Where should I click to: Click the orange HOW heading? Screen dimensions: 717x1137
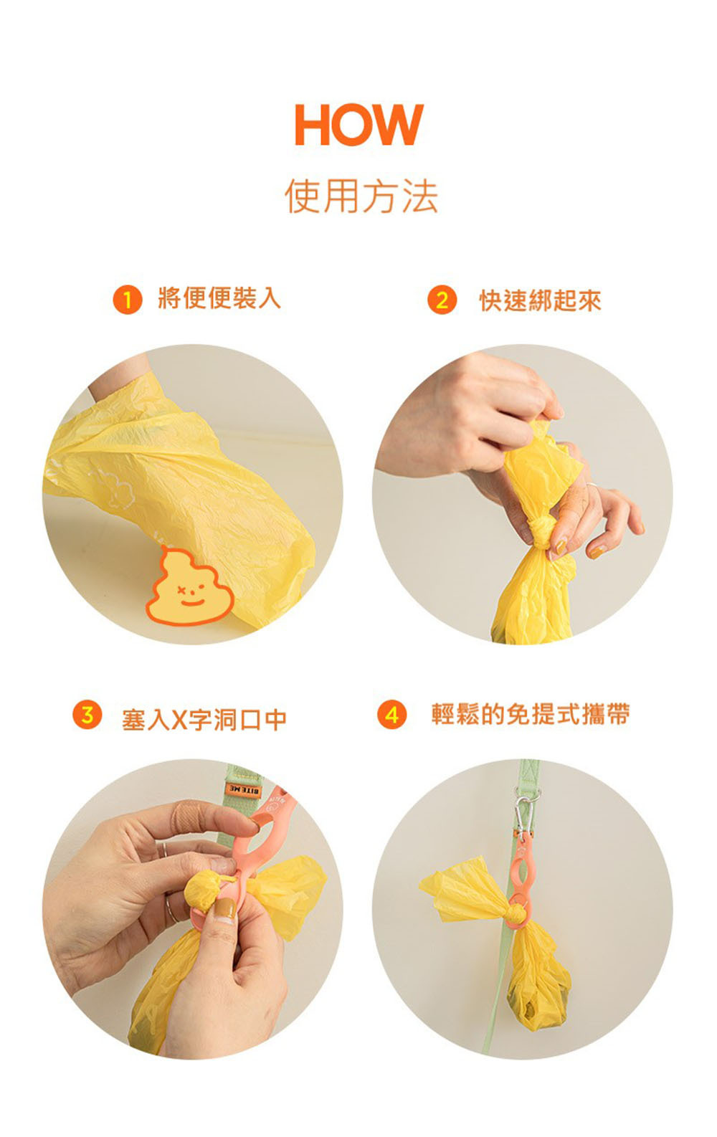pyautogui.click(x=359, y=125)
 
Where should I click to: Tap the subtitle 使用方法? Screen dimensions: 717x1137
pyautogui.click(x=361, y=196)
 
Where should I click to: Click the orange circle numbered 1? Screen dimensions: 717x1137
pyautogui.click(x=128, y=300)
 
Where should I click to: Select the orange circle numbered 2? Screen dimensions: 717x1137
pyautogui.click(x=442, y=300)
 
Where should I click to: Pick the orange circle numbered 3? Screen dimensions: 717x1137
pyautogui.click(x=87, y=715)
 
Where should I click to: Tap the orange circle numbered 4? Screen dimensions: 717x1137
pyautogui.click(x=391, y=715)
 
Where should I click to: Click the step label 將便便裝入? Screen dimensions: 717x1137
pyautogui.click(x=219, y=298)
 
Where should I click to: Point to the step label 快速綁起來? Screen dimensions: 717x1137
pyautogui.click(x=541, y=300)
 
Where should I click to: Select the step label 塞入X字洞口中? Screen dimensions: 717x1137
pyautogui.click(x=204, y=719)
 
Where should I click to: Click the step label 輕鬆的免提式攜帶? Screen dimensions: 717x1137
pyautogui.click(x=531, y=714)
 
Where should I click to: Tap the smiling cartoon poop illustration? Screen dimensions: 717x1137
pyautogui.click(x=190, y=586)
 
